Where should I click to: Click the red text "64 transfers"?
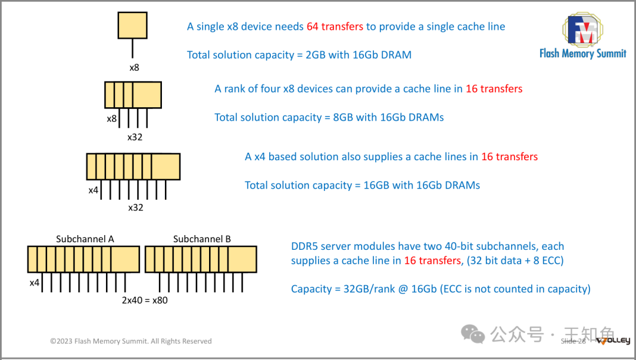click(x=335, y=27)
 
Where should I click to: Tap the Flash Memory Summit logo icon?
click(x=582, y=29)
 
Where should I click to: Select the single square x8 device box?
click(x=132, y=25)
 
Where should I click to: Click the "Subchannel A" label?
click(x=85, y=239)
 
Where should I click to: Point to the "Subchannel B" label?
click(x=202, y=239)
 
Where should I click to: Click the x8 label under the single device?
click(x=134, y=67)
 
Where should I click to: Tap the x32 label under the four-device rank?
click(x=135, y=137)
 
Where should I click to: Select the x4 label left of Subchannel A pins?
click(x=35, y=283)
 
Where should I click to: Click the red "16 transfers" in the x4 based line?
click(x=509, y=157)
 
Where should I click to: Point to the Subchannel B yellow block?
click(x=201, y=259)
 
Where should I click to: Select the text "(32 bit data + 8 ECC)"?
click(x=515, y=260)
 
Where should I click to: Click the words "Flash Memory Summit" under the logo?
click(x=582, y=54)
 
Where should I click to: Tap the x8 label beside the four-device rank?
click(x=111, y=118)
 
